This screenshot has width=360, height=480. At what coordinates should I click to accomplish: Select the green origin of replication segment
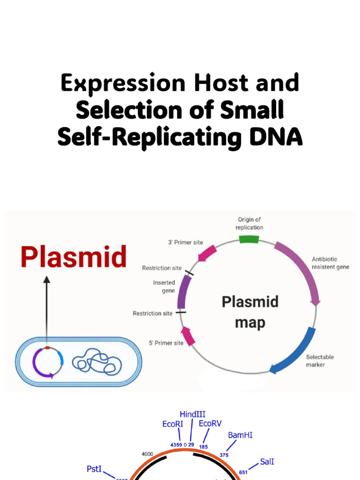(248, 239)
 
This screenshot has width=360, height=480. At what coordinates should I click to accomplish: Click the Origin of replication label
(249, 223)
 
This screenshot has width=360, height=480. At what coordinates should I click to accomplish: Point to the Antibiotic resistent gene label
(331, 263)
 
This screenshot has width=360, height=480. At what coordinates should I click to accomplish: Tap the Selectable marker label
(320, 360)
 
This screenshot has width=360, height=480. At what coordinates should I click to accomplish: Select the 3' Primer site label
(186, 242)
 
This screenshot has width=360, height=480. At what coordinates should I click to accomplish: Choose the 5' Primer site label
(166, 343)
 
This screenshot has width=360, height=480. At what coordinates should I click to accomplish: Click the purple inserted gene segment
(184, 292)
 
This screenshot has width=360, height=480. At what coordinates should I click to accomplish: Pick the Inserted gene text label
(164, 286)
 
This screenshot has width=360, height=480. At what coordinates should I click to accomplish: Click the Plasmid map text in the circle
(250, 312)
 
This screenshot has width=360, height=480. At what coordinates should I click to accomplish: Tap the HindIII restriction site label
(192, 414)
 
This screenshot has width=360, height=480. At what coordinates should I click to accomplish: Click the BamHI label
(240, 435)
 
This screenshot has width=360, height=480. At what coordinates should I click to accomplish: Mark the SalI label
(267, 462)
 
